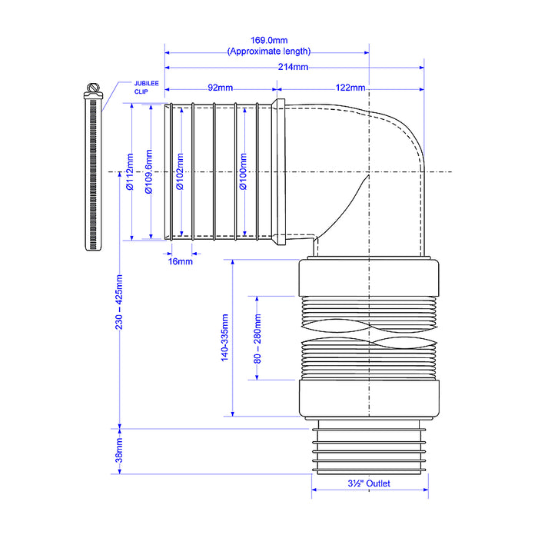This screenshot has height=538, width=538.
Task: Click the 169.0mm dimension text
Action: [269, 41]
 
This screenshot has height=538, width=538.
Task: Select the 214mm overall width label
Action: [293, 67]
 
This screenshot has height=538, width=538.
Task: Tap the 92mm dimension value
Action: [221, 88]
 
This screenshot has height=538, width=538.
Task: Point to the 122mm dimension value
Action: [350, 88]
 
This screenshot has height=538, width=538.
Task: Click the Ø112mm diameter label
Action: [130, 172]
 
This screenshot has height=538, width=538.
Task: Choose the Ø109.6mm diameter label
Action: [149, 172]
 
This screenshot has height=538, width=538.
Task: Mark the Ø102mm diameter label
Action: [180, 171]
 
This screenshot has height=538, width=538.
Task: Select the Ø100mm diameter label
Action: [243, 171]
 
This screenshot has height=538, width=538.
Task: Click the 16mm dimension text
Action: [180, 261]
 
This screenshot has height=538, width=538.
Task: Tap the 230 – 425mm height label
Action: [118, 302]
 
